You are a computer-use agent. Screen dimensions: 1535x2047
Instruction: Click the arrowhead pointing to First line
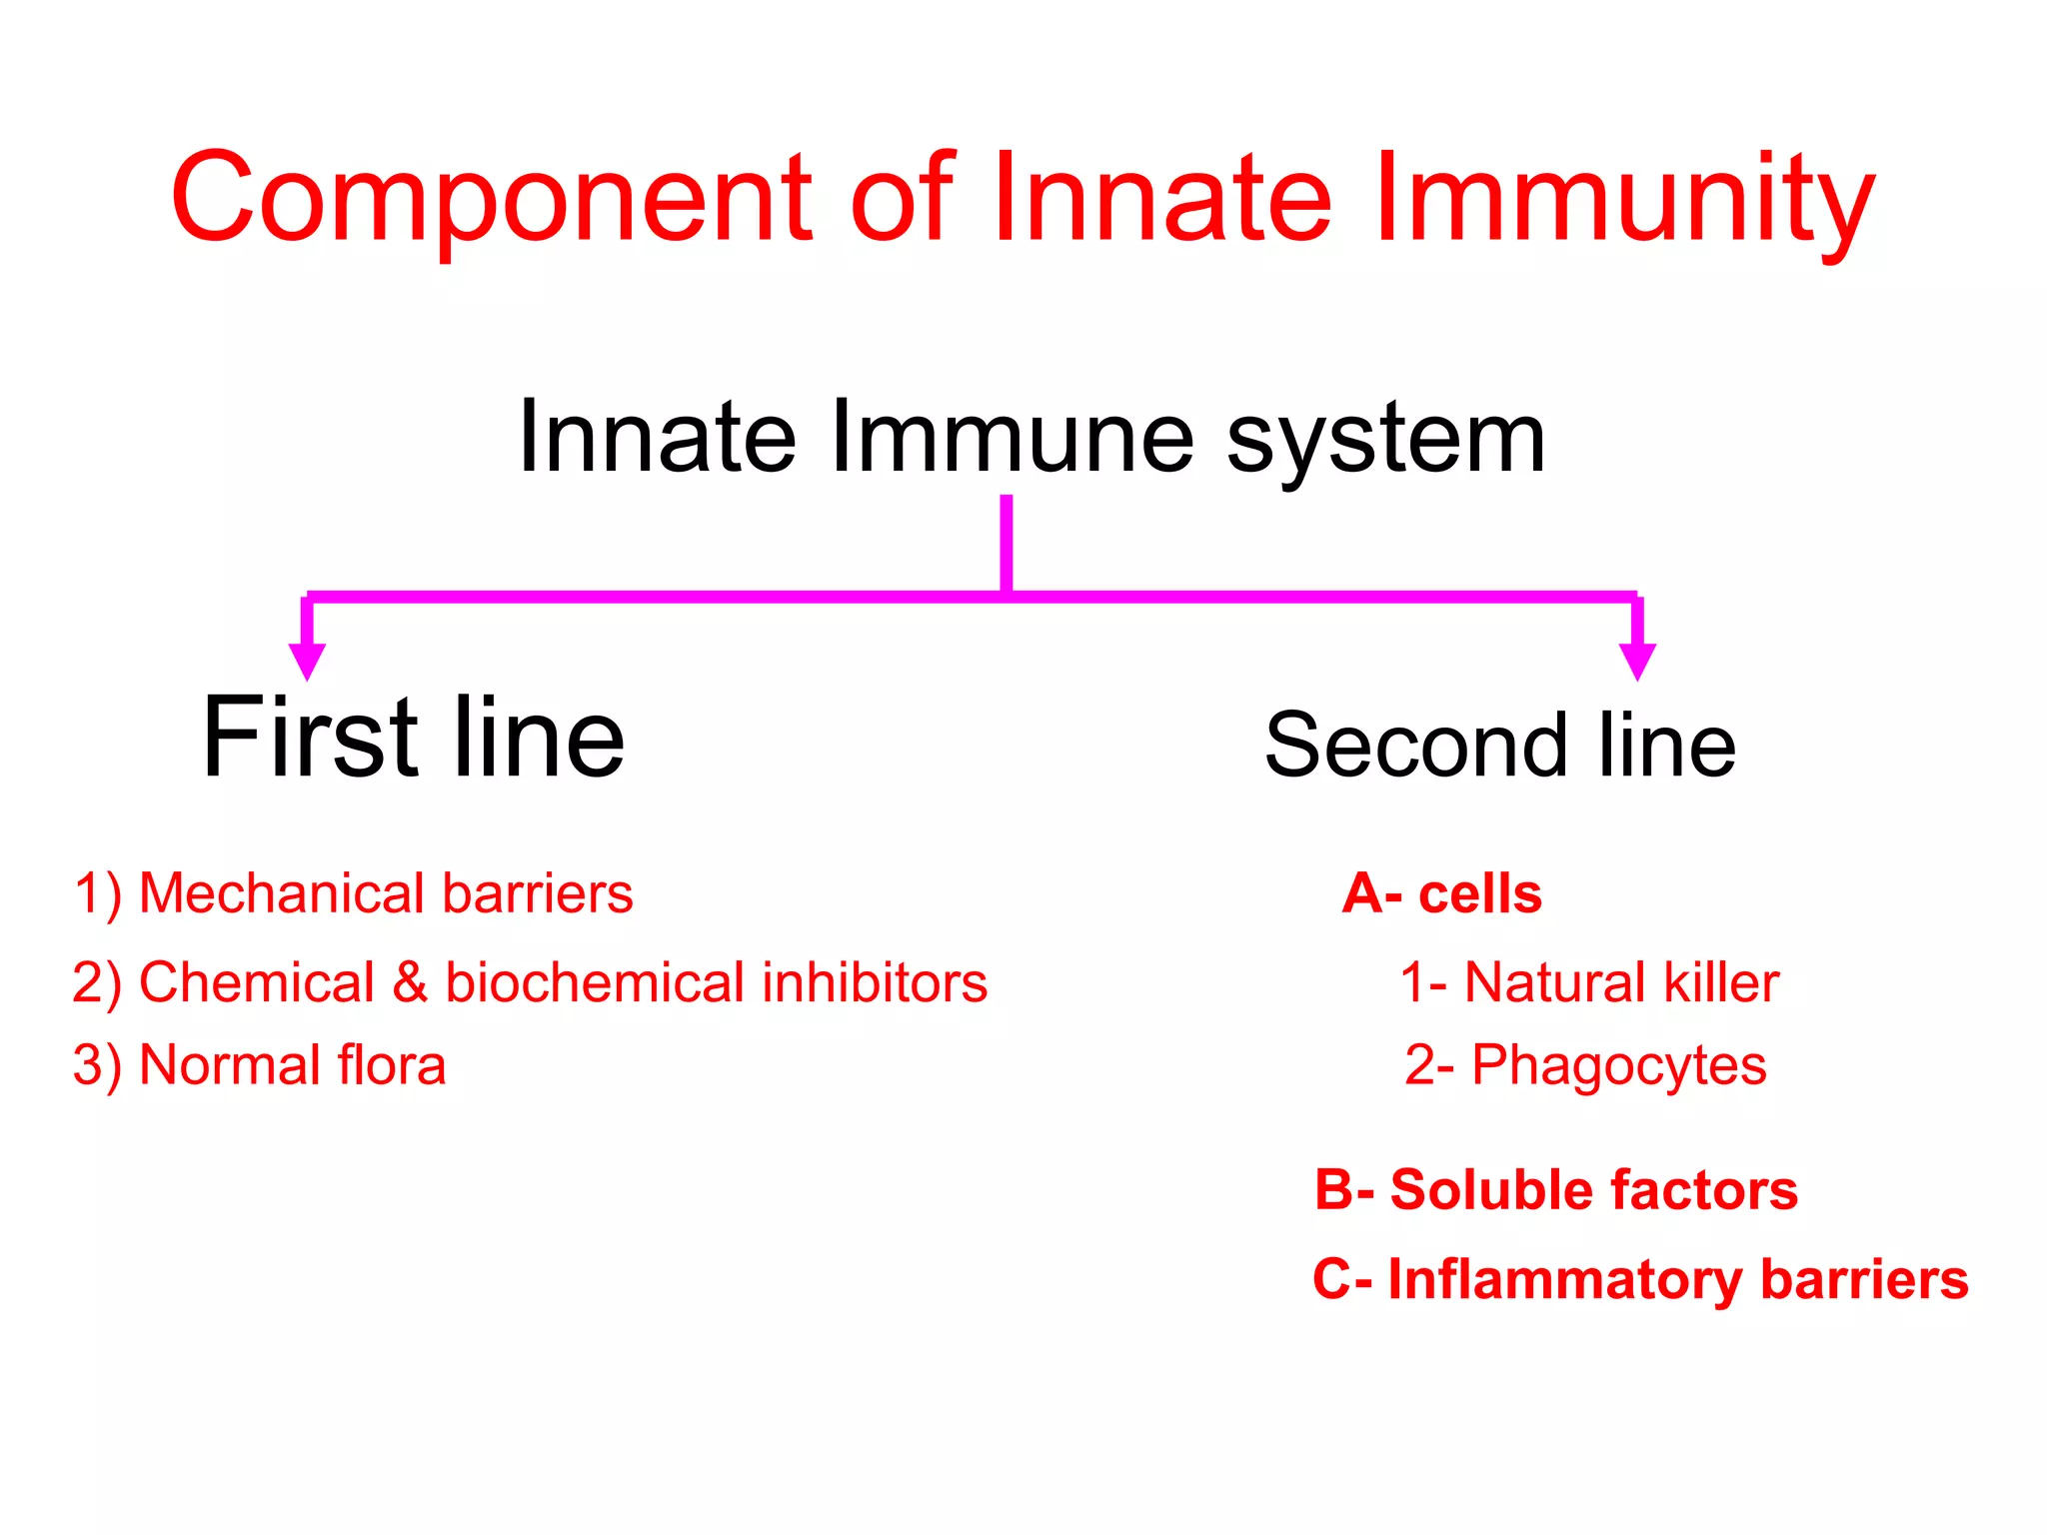click(307, 661)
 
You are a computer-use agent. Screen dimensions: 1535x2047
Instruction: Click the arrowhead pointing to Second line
click(1637, 661)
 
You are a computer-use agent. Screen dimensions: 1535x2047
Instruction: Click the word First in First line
click(310, 740)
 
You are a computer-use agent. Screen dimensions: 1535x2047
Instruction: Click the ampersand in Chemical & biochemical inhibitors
click(410, 982)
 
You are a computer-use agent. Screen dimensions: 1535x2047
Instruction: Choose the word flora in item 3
click(392, 1065)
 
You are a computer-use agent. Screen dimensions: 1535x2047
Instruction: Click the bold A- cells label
click(1441, 893)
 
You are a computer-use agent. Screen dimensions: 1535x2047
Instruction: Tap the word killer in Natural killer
click(1721, 982)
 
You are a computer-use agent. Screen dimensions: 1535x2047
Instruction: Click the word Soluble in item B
click(1490, 1190)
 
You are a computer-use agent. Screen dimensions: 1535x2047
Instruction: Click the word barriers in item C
click(1863, 1280)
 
